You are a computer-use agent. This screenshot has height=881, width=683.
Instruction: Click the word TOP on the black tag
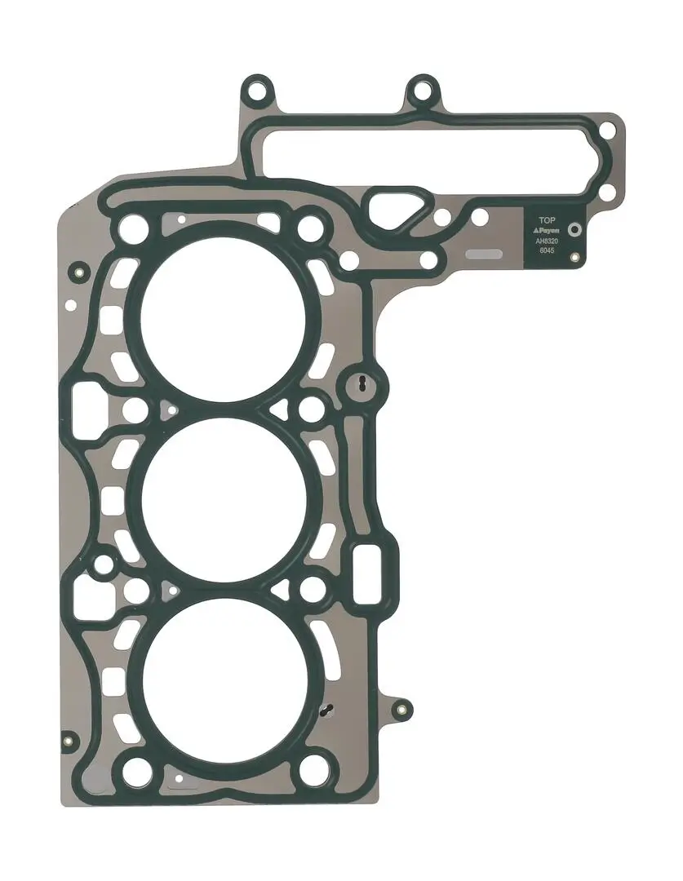[546, 220]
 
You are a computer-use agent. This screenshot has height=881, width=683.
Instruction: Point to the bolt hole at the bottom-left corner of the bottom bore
[135, 768]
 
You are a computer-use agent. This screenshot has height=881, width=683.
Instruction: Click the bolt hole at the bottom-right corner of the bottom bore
[313, 768]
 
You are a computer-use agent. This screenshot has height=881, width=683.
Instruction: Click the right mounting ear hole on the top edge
[422, 90]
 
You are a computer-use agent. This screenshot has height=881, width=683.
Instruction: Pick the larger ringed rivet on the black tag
[574, 230]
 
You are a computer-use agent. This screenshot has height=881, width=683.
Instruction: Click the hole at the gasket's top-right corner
[606, 131]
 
